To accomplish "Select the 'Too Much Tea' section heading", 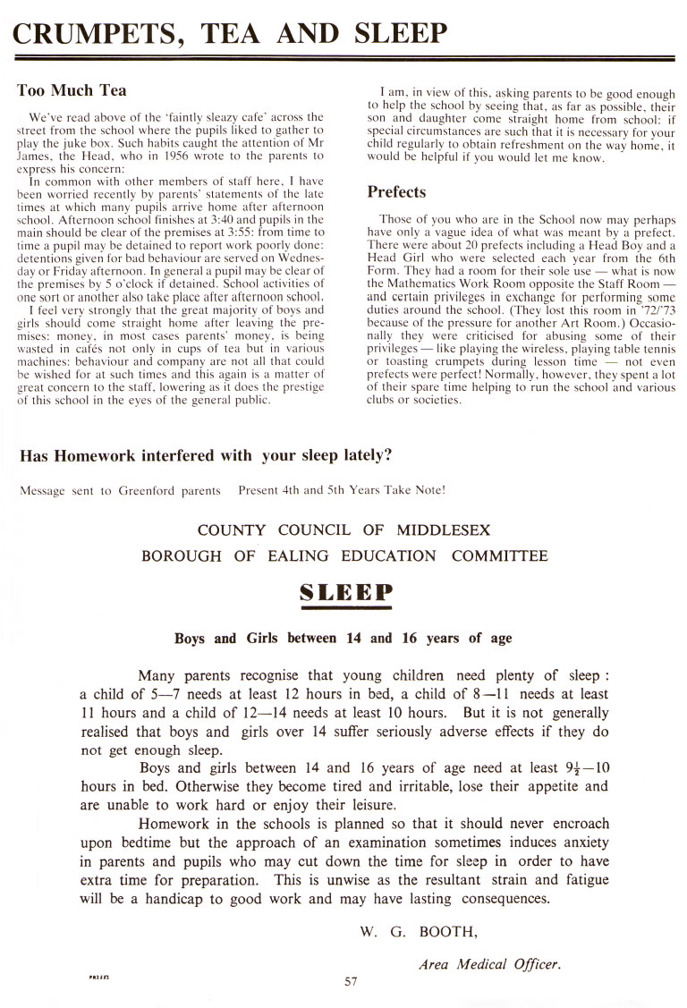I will [x=72, y=89].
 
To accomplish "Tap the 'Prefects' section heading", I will [x=396, y=191].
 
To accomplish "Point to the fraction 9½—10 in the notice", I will [x=582, y=767].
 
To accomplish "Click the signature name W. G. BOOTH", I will [x=419, y=931].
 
